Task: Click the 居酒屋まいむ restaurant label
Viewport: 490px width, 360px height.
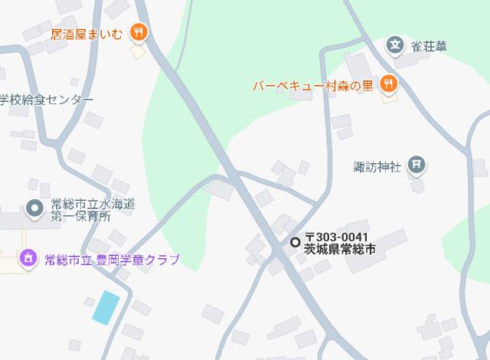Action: pos(86,33)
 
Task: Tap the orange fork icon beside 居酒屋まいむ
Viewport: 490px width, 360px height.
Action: pos(138,32)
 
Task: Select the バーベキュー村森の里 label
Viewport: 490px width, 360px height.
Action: pos(313,85)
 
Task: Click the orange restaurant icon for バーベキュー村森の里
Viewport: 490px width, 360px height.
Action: pos(389,84)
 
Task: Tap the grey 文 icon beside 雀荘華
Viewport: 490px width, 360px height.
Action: pos(395,45)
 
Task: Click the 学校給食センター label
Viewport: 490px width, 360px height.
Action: pos(46,100)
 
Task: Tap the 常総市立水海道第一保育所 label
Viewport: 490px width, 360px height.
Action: pos(91,210)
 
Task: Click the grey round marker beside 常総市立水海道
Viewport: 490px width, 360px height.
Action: pos(34,208)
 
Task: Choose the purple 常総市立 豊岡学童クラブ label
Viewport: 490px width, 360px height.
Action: pos(111,259)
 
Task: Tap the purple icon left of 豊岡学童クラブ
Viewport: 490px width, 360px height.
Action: pos(28,258)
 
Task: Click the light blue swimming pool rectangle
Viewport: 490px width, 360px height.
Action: pos(106,307)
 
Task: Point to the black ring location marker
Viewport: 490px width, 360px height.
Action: pos(295,242)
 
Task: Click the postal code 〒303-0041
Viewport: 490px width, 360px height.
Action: pos(337,237)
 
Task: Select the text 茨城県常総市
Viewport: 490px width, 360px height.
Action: pos(340,249)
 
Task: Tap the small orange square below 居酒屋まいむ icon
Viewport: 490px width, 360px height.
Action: pos(137,52)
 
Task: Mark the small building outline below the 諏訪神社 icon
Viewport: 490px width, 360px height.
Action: pos(417,185)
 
